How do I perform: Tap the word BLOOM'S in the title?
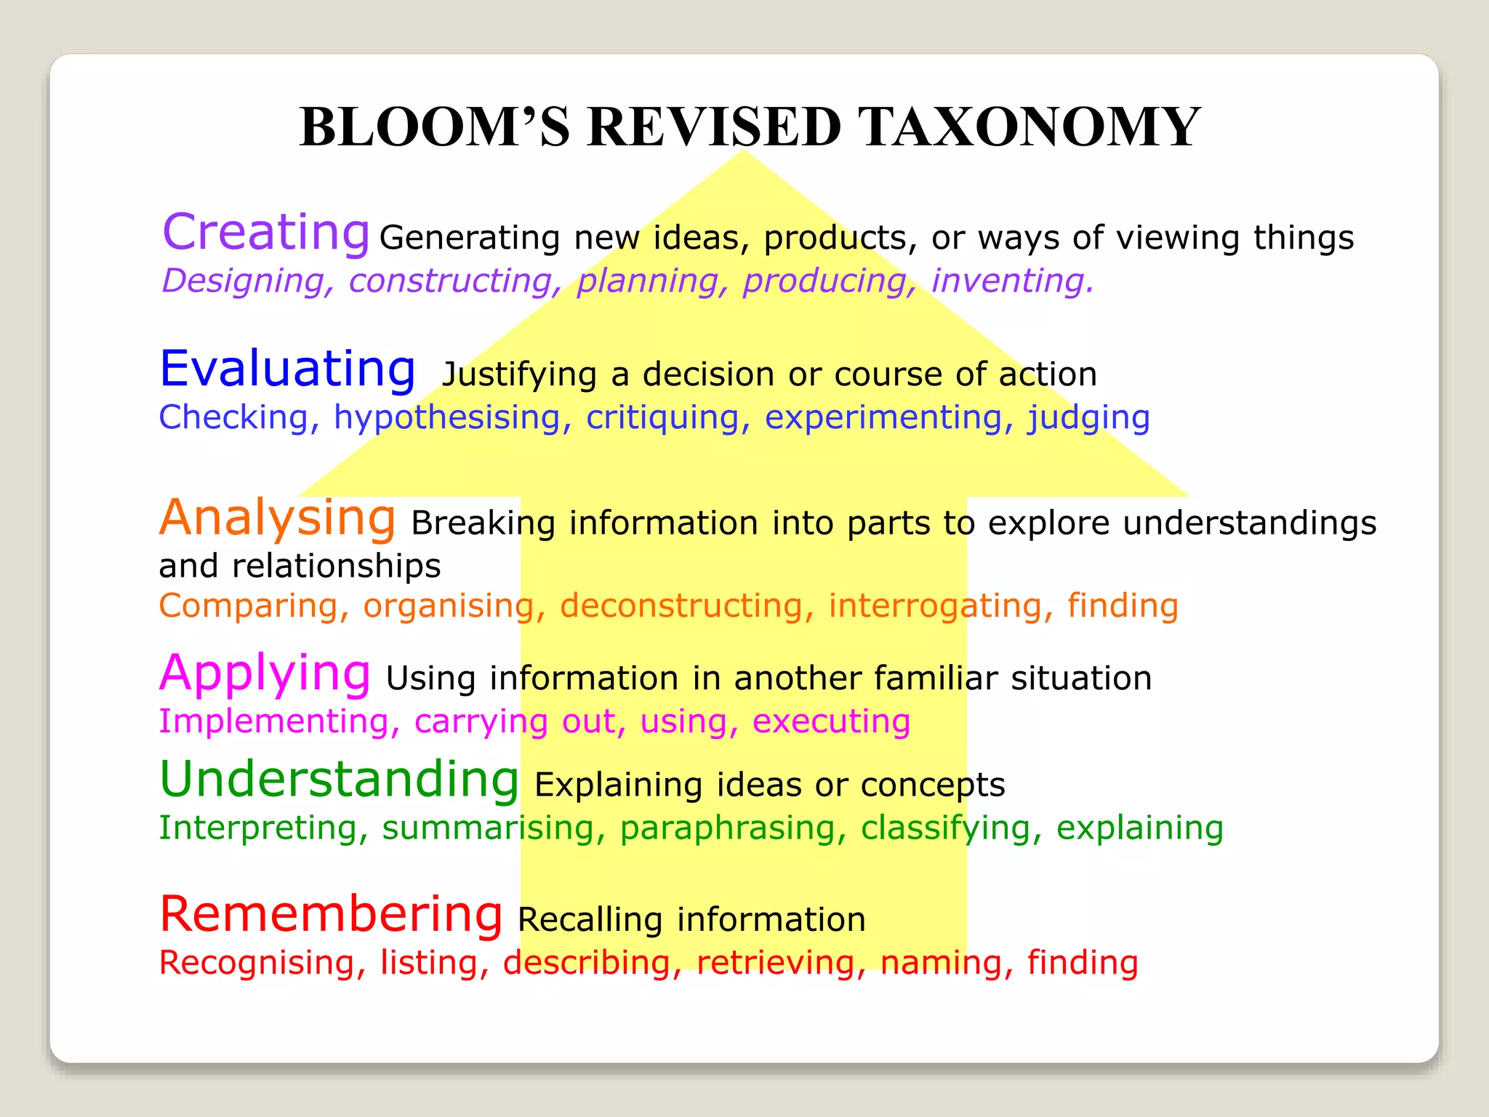point(435,127)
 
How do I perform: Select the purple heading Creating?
point(266,233)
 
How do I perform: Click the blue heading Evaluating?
point(287,369)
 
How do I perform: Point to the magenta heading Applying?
point(265,673)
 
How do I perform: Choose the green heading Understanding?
point(339,779)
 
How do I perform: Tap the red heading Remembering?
point(331,914)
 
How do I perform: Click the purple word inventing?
point(1012,281)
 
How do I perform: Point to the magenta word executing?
point(831,722)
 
